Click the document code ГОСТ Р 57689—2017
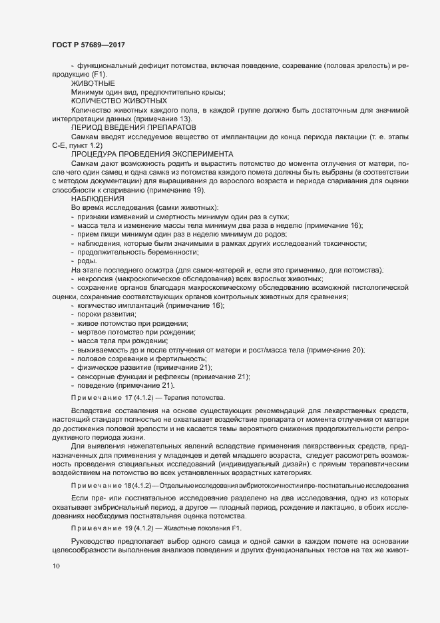click(x=89, y=44)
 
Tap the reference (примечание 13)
click(x=171, y=117)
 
